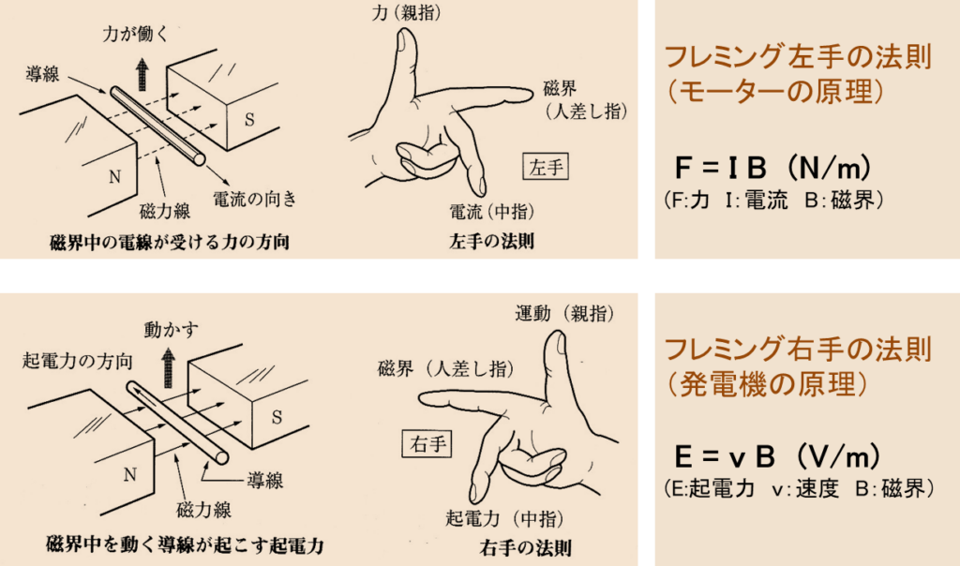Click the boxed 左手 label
coord(547,167)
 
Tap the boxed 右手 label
coord(427,443)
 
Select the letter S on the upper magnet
coord(249,119)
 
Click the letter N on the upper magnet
coord(114,177)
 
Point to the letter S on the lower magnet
coord(277,417)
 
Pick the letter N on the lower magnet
coord(129,474)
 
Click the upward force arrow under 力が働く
coord(142,74)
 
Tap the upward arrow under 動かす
coord(168,367)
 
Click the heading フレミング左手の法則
coord(798,57)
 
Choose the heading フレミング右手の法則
coord(798,350)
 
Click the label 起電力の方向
coord(77,361)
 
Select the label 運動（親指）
coord(564,313)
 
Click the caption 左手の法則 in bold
coord(491,241)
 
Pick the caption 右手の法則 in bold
coord(526,547)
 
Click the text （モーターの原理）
coord(775,92)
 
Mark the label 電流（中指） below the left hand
coord(492,212)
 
